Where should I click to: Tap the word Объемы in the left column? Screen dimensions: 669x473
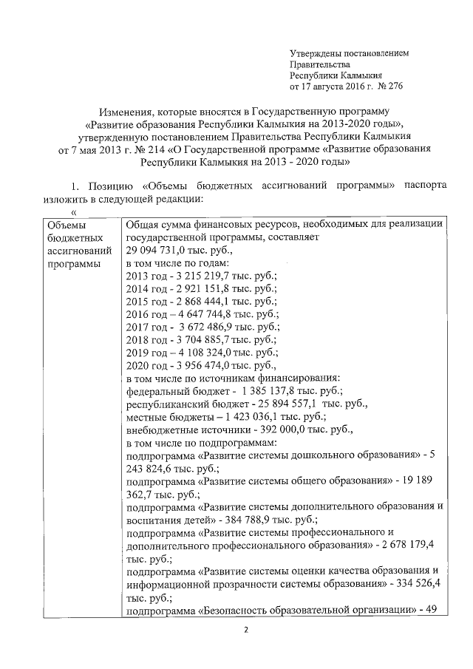click(65, 227)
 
